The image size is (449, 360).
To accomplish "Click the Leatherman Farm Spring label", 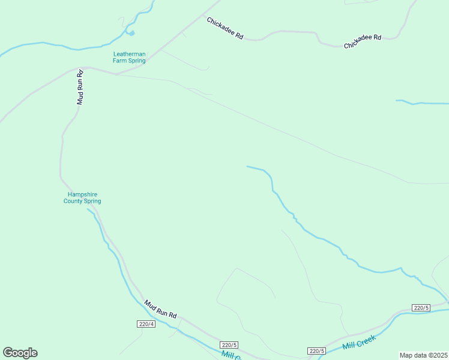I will point(130,57).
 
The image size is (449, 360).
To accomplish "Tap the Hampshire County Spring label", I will point(82,198).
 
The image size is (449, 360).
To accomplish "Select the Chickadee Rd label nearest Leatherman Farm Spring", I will point(224,28).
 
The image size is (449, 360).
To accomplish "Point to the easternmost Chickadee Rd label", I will point(363,41).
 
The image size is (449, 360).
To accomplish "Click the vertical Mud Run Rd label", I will point(79,87).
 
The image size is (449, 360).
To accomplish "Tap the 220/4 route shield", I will point(146,325).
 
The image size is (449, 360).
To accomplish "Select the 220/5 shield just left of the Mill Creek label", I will point(316,351).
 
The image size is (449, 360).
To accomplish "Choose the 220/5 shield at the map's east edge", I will point(421,308).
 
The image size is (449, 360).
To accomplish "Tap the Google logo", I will point(20,353).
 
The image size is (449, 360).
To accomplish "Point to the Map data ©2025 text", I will point(423,355).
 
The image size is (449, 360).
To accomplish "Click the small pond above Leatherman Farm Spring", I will point(131,34).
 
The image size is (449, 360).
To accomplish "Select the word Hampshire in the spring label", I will point(82,194).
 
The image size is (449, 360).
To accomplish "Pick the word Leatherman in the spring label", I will point(130,54).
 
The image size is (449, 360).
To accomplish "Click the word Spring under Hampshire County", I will point(92,202).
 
